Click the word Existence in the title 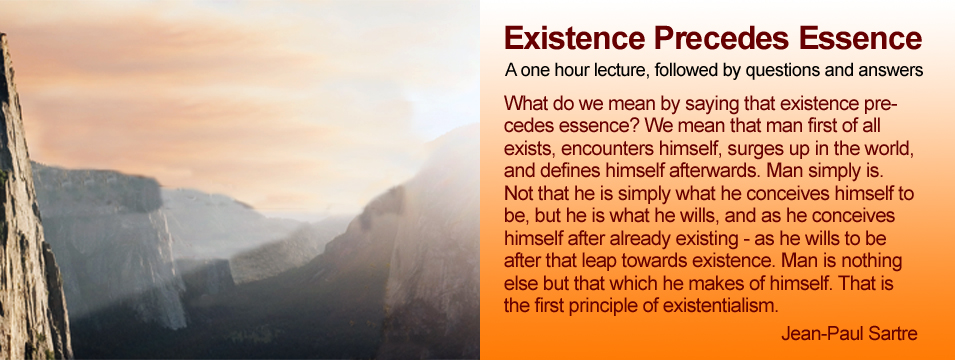[574, 38]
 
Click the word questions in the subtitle [780, 72]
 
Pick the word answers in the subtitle [893, 71]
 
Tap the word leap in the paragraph [585, 261]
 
